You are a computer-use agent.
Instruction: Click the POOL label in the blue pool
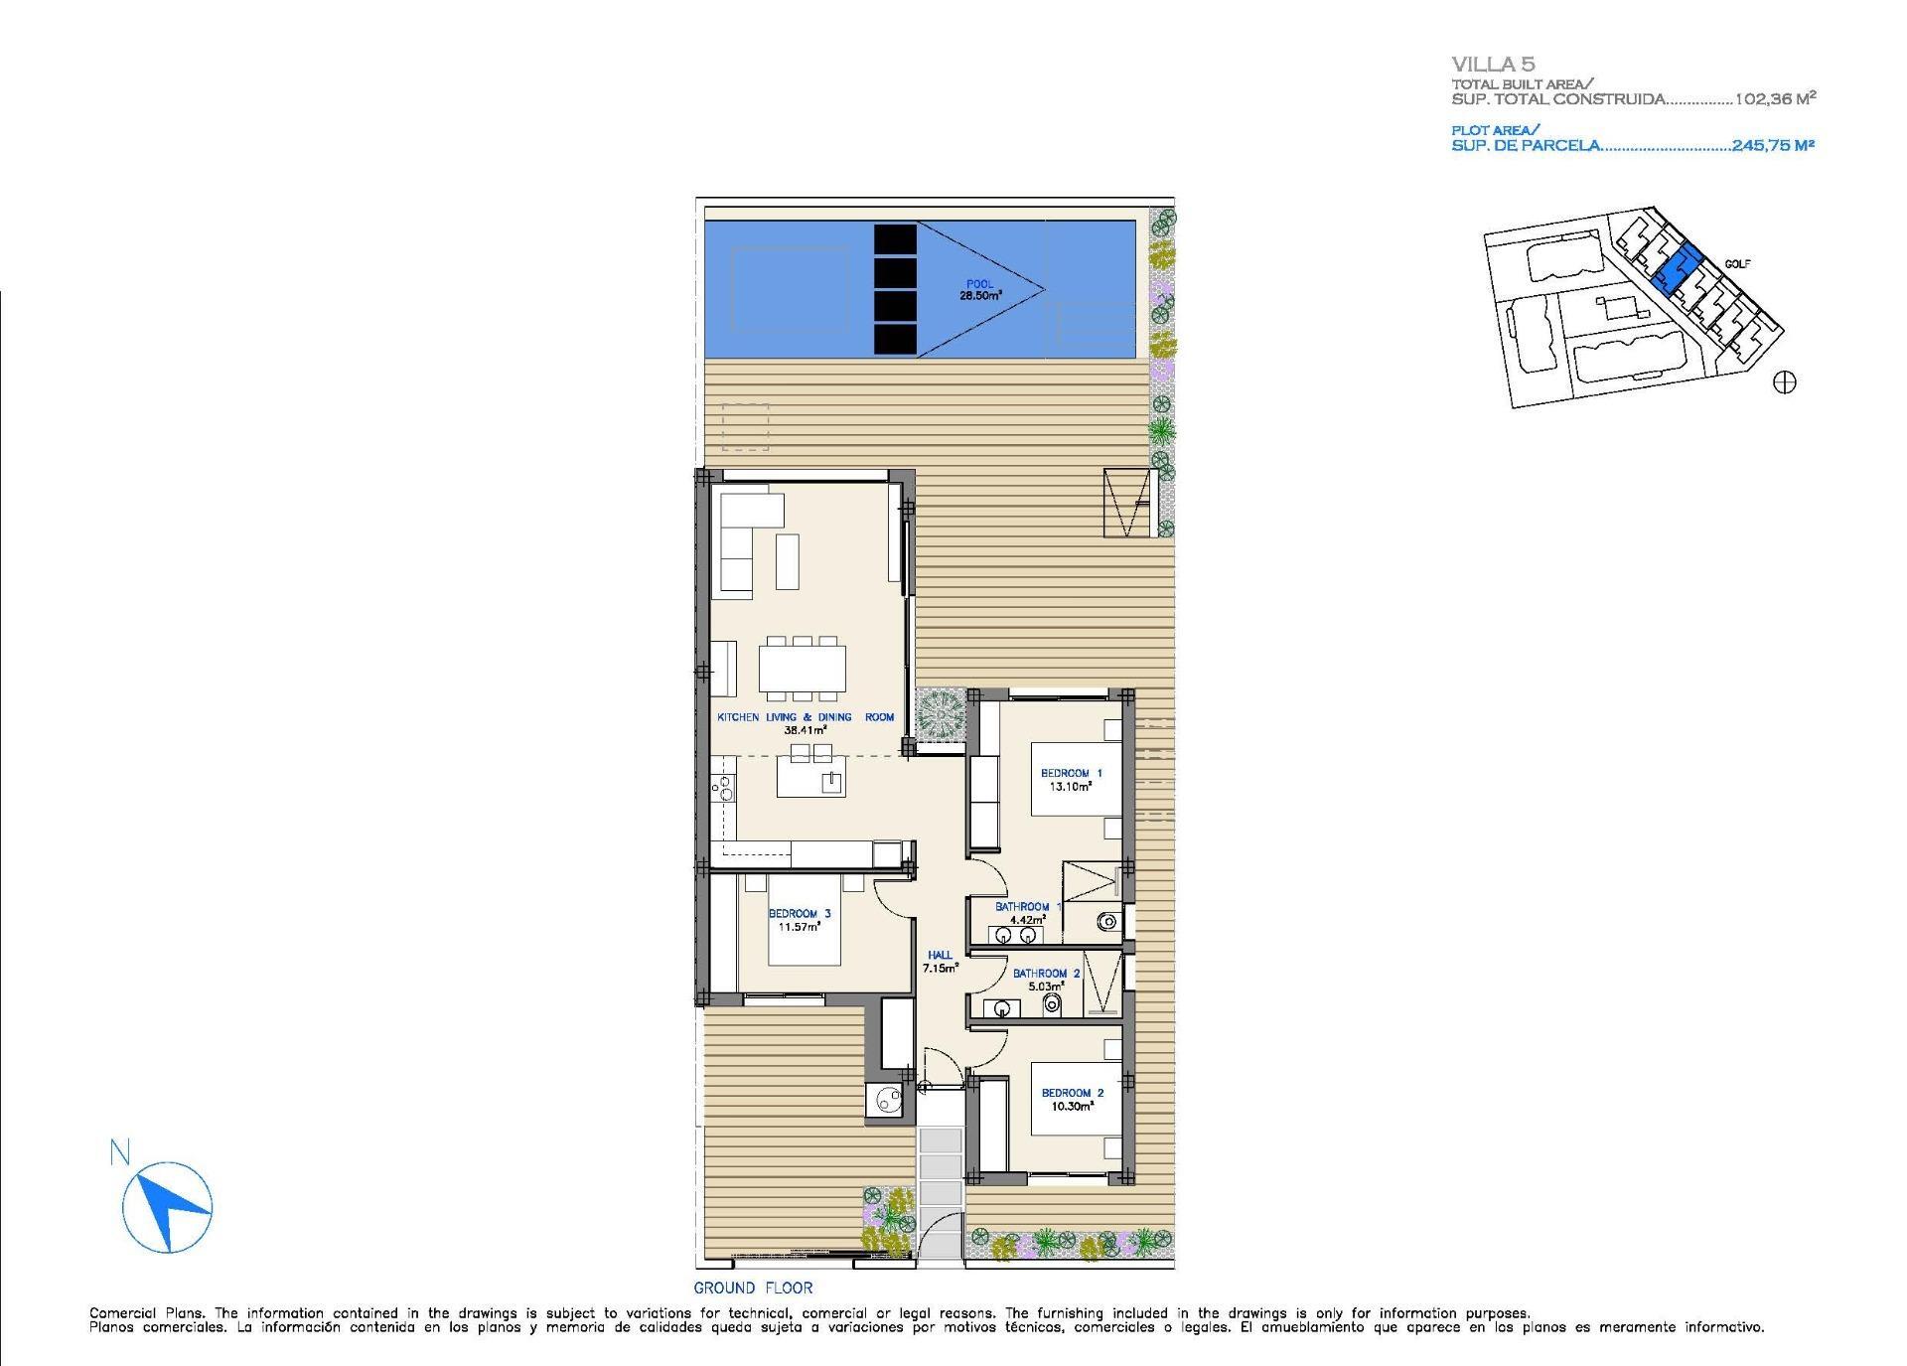point(979,284)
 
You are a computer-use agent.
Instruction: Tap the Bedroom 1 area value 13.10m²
point(1071,786)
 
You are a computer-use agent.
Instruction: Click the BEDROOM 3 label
point(799,914)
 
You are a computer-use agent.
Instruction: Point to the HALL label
point(939,955)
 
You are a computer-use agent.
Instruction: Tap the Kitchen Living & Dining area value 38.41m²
point(806,729)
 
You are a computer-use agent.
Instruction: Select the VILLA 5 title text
point(1493,66)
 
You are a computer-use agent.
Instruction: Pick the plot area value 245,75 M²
point(1773,145)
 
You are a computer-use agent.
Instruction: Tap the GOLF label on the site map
point(1737,264)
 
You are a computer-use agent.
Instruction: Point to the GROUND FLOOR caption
point(753,1288)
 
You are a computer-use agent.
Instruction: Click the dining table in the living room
point(803,668)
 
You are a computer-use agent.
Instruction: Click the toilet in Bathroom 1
point(1107,922)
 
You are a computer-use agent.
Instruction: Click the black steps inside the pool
point(894,289)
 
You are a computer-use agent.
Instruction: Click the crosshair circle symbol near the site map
point(1784,381)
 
